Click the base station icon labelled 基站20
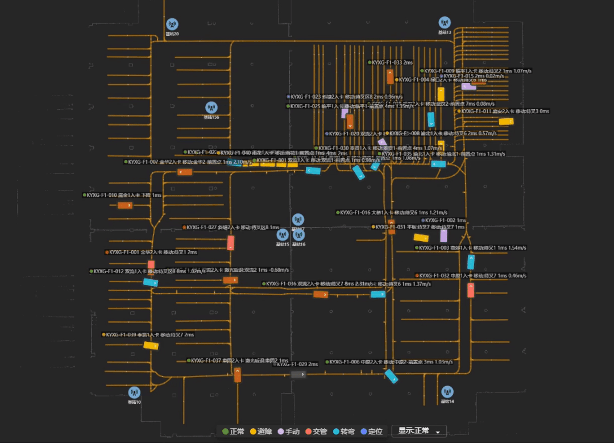coord(172,24)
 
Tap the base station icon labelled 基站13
coord(445,23)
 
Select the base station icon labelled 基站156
coord(211,107)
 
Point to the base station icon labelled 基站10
coord(134,392)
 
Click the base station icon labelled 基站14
coord(447,392)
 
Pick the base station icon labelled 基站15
coord(283,234)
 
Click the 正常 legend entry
coord(234,432)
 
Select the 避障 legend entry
coord(261,432)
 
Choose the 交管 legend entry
coord(316,432)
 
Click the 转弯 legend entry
coord(343,432)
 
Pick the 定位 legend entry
coord(371,432)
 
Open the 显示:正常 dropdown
coord(418,431)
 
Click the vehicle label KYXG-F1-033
coord(391,63)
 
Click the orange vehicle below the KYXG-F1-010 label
coord(125,205)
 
